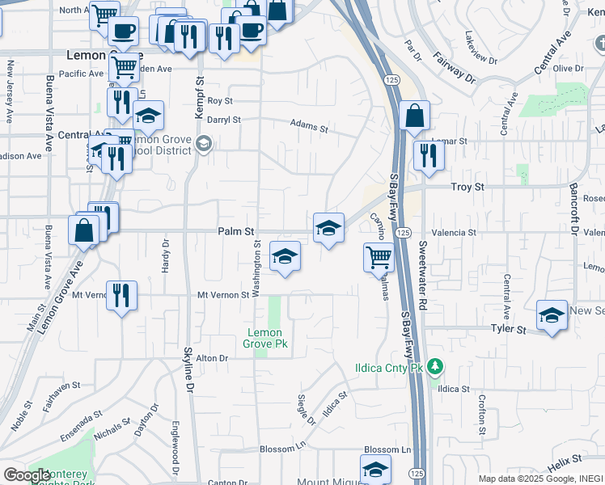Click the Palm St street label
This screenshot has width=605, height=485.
[x=236, y=232]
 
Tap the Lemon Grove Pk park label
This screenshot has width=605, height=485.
[x=265, y=338]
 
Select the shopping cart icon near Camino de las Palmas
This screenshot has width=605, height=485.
[x=379, y=257]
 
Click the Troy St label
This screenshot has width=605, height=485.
[x=467, y=187]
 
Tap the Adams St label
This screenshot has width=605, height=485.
[x=311, y=128]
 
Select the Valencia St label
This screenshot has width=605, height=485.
[x=455, y=233]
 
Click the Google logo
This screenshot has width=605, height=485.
[x=27, y=475]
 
